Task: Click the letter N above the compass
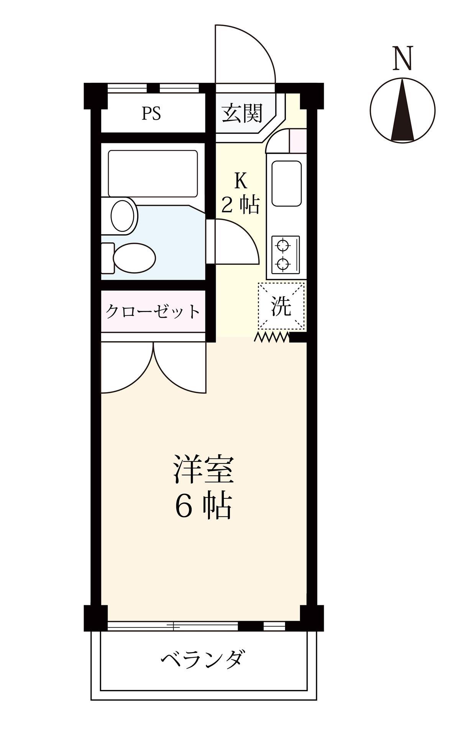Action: point(403,59)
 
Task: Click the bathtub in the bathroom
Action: point(152,173)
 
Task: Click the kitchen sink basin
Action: point(286,184)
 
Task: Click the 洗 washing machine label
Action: point(282,306)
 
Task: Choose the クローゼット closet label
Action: point(152,312)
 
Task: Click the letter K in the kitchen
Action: point(240,181)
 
